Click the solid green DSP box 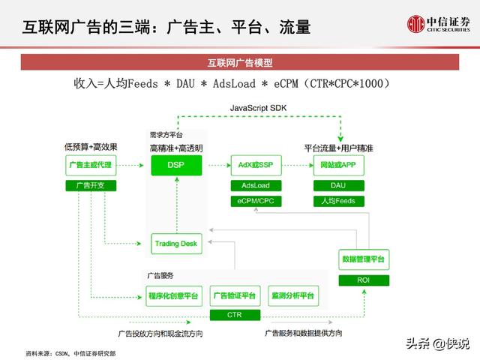pyautogui.click(x=176, y=165)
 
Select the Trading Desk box pyautogui.click(x=177, y=244)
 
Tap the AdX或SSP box pyautogui.click(x=256, y=165)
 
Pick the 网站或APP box pyautogui.click(x=338, y=165)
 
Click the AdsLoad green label pyautogui.click(x=256, y=185)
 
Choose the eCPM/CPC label pyautogui.click(x=256, y=201)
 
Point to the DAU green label pyautogui.click(x=338, y=185)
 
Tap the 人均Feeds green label pyautogui.click(x=338, y=201)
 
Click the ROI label pyautogui.click(x=364, y=280)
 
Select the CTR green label pyautogui.click(x=235, y=315)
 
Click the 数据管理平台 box pyautogui.click(x=364, y=259)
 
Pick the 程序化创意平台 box pyautogui.click(x=174, y=296)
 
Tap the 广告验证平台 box pyautogui.click(x=235, y=296)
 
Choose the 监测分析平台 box pyautogui.click(x=293, y=296)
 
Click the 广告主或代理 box pyautogui.click(x=91, y=165)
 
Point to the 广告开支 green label pyautogui.click(x=91, y=185)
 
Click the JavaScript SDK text pyautogui.click(x=258, y=108)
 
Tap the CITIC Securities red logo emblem pyautogui.click(x=415, y=24)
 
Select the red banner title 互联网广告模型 pyautogui.click(x=240, y=63)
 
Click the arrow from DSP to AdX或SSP pyautogui.click(x=220, y=165)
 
